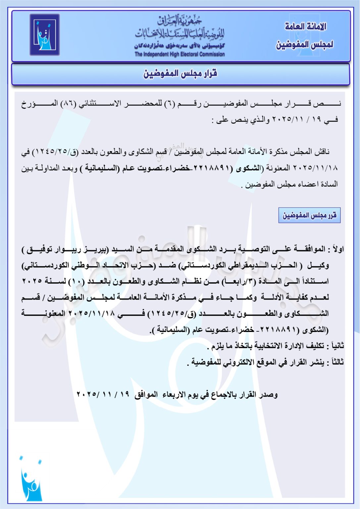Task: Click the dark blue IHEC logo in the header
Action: tap(44, 34)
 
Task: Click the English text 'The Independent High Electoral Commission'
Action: tap(180, 54)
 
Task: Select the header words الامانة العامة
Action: tap(305, 26)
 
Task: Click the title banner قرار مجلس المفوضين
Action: tap(180, 74)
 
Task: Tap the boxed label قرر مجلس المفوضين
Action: tap(309, 215)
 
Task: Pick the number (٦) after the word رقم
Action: tap(170, 103)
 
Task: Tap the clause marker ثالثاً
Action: tap(336, 362)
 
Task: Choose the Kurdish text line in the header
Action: tap(180, 46)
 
